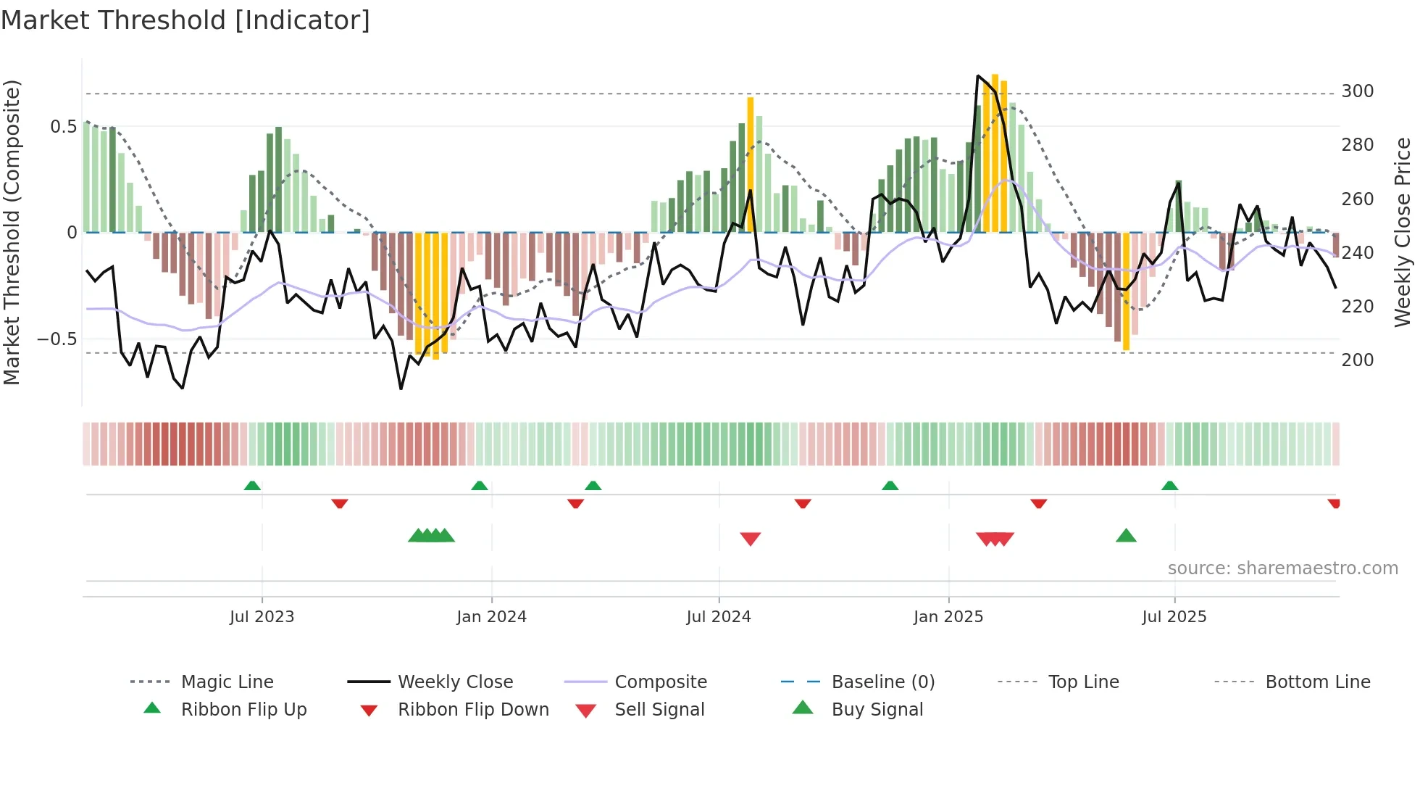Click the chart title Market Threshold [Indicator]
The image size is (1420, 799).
tap(185, 20)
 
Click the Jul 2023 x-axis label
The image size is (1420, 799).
tap(262, 617)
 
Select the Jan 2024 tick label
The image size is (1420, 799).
tap(491, 617)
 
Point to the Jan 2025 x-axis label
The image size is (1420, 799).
tap(948, 617)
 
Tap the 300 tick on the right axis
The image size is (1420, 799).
tap(1357, 91)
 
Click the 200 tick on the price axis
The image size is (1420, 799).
tap(1357, 360)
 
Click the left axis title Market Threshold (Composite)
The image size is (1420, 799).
tap(12, 232)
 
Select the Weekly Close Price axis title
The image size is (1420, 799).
tap(1403, 232)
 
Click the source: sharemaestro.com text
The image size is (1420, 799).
tap(1282, 568)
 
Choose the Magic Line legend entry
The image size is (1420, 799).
tap(227, 682)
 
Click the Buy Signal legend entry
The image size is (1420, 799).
tap(877, 710)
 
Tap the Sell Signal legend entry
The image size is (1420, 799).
tap(659, 710)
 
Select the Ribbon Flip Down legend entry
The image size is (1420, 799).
tap(473, 710)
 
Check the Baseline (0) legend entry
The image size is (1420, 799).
tap(882, 682)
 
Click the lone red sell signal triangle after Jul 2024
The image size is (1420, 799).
tap(751, 539)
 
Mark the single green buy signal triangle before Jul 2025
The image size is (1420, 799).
tap(1126, 536)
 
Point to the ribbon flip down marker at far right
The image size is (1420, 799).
tap(1334, 503)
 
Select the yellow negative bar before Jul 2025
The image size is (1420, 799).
tap(1126, 291)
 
